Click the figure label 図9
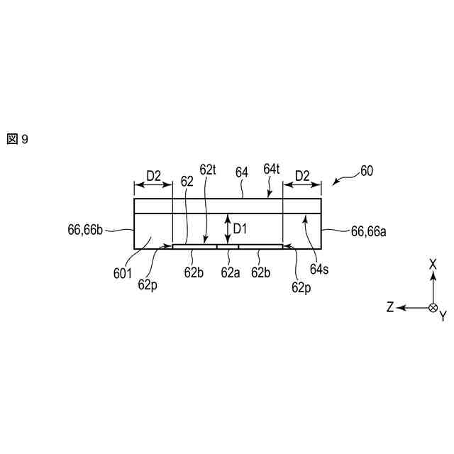pyautogui.click(x=18, y=139)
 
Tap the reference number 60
pyautogui.click(x=366, y=171)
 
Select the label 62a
pyautogui.click(x=228, y=272)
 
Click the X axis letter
pyautogui.click(x=433, y=263)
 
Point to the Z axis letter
pyautogui.click(x=390, y=307)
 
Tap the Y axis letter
pyautogui.click(x=443, y=316)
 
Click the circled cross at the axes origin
pyautogui.click(x=433, y=307)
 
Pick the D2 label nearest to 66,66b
pyautogui.click(x=153, y=175)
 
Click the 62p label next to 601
pyautogui.click(x=148, y=284)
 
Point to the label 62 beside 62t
pyautogui.click(x=187, y=181)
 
